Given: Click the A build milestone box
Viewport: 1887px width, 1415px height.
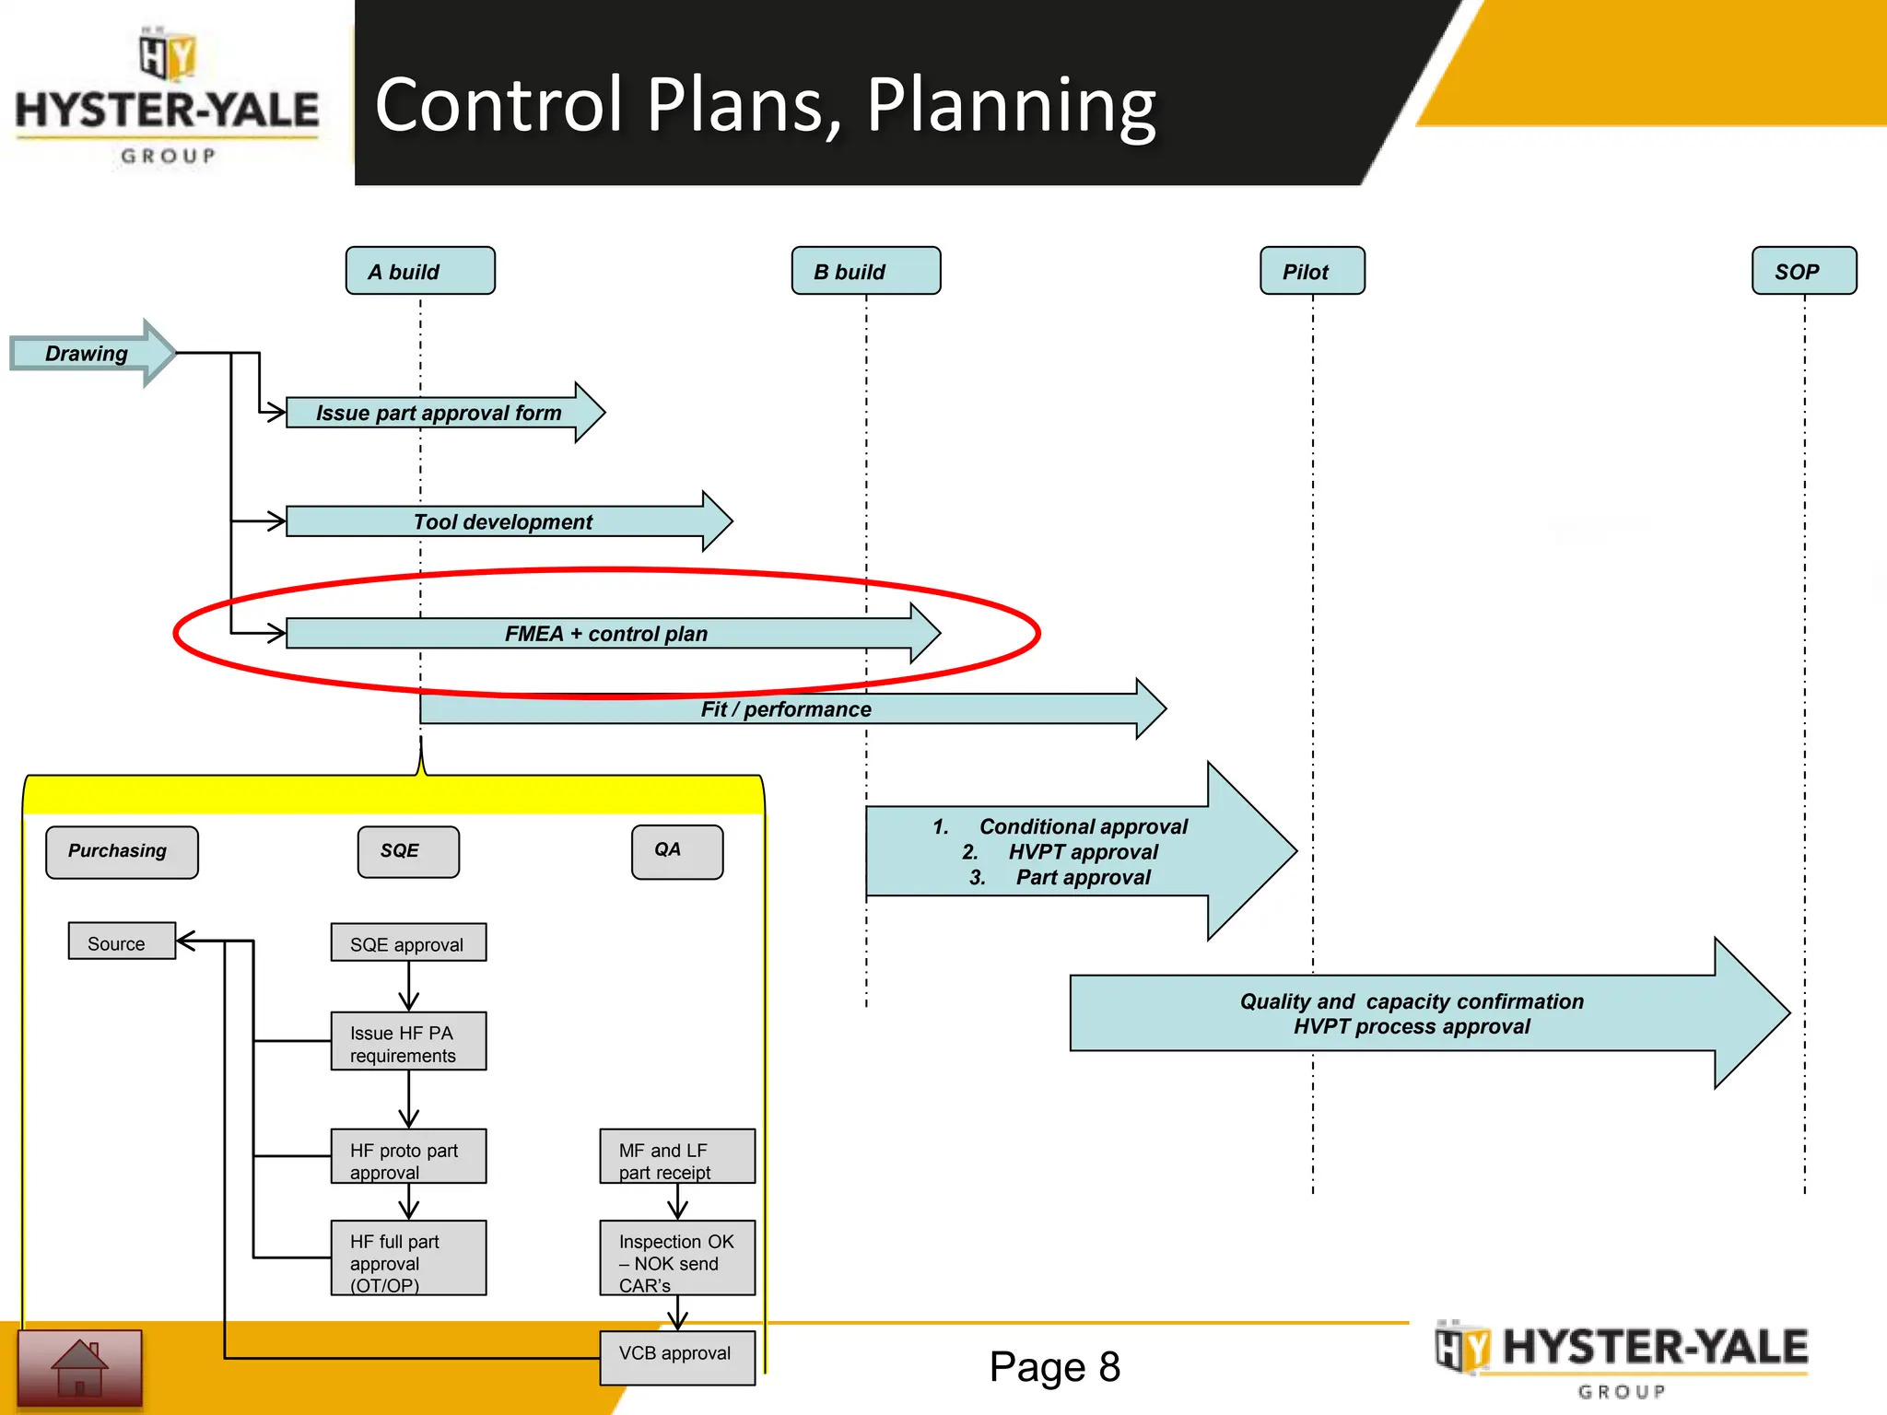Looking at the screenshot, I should click(420, 271).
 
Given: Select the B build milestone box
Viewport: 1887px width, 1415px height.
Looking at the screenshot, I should click(865, 271).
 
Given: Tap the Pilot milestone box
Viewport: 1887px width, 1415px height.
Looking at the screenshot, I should click(1312, 271).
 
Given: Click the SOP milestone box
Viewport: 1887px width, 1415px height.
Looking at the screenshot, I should click(1803, 271).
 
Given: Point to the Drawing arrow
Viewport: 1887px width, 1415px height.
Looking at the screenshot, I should click(88, 354).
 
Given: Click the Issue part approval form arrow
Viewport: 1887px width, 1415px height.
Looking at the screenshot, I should click(439, 413).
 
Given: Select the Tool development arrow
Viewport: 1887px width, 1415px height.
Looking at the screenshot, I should click(502, 521).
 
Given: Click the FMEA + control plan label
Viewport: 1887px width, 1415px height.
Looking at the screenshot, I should click(605, 634).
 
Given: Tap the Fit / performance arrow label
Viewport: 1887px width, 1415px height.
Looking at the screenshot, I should click(785, 709).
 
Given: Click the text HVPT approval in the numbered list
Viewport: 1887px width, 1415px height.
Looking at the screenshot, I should click(1083, 852).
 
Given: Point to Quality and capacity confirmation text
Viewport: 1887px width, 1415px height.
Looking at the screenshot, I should click(1411, 1001).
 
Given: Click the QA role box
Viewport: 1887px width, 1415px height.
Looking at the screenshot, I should click(676, 851).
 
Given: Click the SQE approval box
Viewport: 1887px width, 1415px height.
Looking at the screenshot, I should click(408, 943).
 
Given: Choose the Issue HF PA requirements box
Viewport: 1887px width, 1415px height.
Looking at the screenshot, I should click(408, 1042).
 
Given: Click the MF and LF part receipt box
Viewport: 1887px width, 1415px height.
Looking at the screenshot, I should click(676, 1157).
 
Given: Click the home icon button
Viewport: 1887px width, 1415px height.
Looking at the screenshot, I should click(80, 1367).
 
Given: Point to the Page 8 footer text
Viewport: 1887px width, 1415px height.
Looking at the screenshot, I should click(1054, 1366).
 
